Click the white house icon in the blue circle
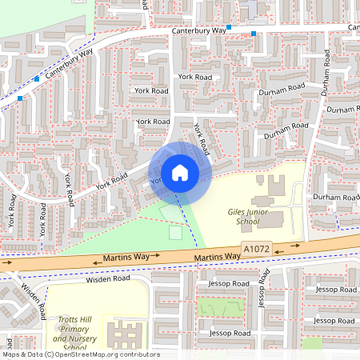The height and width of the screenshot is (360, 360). click(180, 172)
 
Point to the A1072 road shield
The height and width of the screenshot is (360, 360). click(256, 250)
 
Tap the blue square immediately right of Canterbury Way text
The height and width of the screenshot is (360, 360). click(229, 27)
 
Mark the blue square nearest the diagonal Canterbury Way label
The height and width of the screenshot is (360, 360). click(37, 78)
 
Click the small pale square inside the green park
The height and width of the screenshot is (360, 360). click(175, 232)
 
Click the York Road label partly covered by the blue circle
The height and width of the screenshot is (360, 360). click(157, 181)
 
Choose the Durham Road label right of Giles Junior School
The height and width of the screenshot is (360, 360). click(336, 197)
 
